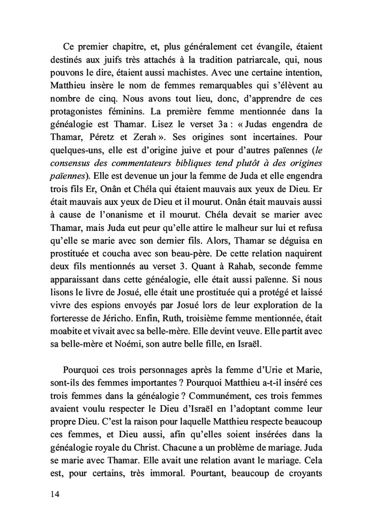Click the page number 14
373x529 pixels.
(x=52, y=494)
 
